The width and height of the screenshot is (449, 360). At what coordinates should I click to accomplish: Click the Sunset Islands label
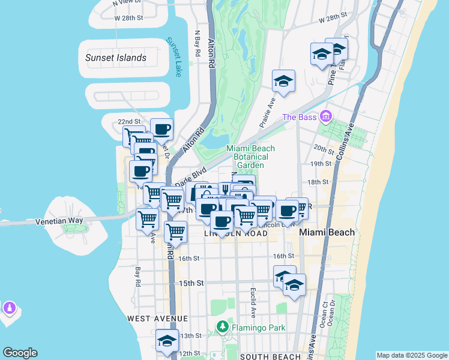coord(116,58)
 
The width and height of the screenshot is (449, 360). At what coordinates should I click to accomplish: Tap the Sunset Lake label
coord(173,57)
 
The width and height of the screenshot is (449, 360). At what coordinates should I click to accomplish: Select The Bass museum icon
coord(326,115)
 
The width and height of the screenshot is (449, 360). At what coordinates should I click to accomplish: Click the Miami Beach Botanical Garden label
coord(250,157)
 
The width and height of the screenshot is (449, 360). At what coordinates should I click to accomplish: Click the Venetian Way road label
coord(59,220)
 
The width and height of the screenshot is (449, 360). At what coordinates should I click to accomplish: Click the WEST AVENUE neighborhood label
coord(153,317)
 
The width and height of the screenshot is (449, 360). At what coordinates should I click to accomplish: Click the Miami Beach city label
coord(327,232)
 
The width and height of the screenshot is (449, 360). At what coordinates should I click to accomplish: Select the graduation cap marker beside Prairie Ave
coord(283,81)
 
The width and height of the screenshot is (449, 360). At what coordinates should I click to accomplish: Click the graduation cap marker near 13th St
coord(167,340)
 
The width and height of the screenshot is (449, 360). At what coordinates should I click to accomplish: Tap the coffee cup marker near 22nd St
coord(161,129)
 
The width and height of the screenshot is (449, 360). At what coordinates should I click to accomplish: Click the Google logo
coord(20,353)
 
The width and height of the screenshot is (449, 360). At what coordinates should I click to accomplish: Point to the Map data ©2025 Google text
coord(411,355)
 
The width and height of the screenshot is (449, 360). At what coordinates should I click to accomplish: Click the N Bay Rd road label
coord(197,44)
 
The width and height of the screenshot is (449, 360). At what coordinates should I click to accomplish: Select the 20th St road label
coord(323,148)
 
